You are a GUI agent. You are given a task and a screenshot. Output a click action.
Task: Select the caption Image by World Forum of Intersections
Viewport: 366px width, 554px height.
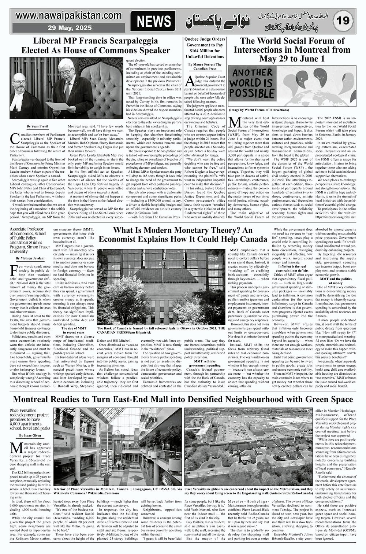coord(259,110)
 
